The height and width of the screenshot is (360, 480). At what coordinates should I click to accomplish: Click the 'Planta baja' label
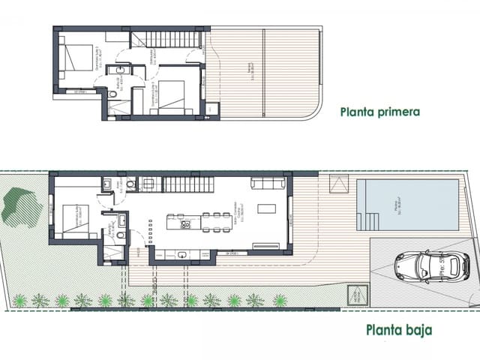coord(399,328)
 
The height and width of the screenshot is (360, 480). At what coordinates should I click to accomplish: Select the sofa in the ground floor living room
coord(267,184)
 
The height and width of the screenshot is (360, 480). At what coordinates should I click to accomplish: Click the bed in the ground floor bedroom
coord(75,219)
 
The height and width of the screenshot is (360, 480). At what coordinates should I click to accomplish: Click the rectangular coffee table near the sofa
coord(267,209)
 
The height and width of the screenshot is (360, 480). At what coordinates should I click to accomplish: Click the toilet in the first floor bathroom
coord(110,95)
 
